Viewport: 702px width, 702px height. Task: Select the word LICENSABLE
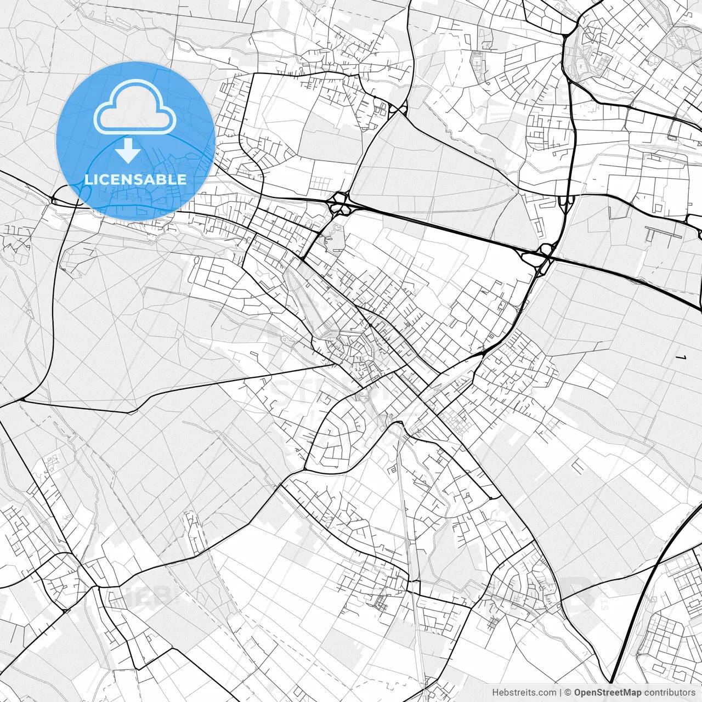tap(135, 179)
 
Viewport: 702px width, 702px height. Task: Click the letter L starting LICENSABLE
tap(88, 179)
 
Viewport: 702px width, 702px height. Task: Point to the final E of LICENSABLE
tap(183, 179)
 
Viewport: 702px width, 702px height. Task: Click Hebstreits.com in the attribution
tap(524, 693)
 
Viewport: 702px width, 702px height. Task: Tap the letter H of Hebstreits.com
tap(495, 693)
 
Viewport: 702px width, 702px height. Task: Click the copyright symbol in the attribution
tap(568, 693)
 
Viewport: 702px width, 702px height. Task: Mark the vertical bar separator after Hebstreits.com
tap(560, 693)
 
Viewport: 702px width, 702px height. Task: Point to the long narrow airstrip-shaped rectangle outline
tap(664, 232)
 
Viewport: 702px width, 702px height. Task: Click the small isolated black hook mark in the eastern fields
tap(682, 358)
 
